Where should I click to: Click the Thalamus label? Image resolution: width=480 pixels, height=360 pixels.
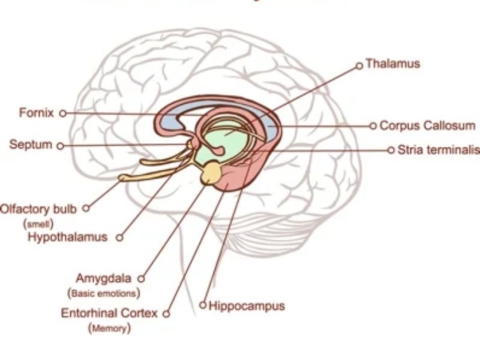[392, 63]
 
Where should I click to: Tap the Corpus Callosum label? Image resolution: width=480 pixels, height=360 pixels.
[427, 126]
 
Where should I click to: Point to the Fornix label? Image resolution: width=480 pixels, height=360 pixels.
[37, 112]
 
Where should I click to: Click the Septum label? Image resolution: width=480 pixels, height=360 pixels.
[31, 145]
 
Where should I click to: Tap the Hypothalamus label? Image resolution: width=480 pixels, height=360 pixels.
[67, 237]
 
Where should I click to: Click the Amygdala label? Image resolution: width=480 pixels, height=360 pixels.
[105, 278]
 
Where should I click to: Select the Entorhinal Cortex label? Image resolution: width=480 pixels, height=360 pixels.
[109, 313]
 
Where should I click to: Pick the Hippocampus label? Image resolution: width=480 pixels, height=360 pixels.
[247, 306]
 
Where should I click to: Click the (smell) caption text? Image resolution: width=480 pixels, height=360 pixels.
[38, 223]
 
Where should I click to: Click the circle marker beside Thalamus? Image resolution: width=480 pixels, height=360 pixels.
[359, 65]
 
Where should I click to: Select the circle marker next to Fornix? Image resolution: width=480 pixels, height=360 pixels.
[62, 113]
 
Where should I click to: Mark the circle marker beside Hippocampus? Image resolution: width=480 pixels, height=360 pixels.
[203, 305]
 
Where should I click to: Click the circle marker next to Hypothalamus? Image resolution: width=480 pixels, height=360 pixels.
[119, 238]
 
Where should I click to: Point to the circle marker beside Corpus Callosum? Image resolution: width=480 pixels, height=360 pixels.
[373, 126]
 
